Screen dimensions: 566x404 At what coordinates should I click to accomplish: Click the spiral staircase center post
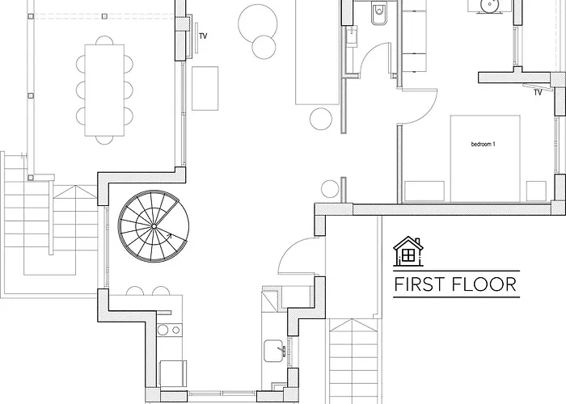154,226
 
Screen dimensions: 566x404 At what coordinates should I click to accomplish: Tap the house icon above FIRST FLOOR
408,251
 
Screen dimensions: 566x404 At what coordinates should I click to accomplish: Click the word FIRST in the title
418,284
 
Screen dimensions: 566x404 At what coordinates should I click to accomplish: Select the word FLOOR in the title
484,284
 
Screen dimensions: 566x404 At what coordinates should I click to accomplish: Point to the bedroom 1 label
484,145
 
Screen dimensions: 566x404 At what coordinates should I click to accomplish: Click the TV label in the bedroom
538,93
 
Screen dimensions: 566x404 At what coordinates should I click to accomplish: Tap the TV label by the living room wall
203,36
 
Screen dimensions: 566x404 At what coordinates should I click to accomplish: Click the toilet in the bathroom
378,14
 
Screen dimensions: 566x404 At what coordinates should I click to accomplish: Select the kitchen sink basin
274,350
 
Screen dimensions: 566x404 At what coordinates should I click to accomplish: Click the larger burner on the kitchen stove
163,330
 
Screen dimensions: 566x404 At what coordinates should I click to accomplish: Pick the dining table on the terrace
104,90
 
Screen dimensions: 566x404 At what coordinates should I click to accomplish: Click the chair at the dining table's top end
104,40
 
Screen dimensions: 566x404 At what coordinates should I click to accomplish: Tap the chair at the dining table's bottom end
104,140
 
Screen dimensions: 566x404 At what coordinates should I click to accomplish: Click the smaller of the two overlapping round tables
264,47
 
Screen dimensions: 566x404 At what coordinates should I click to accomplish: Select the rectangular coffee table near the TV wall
205,88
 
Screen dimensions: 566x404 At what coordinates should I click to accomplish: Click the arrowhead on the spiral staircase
168,236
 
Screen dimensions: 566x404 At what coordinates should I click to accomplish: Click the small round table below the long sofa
321,119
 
